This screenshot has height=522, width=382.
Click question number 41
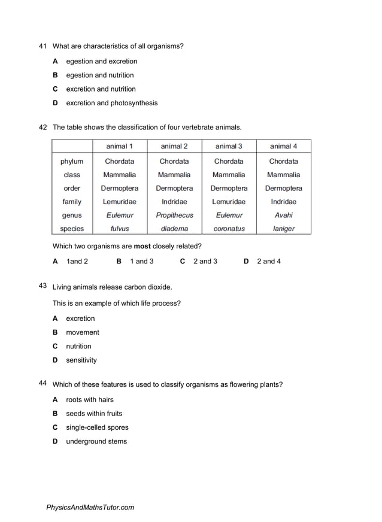tap(43, 46)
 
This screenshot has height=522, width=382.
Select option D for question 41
tap(55, 103)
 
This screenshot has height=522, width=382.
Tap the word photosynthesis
tap(134, 103)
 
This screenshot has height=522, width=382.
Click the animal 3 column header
tap(229, 146)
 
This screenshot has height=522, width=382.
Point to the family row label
tap(72, 202)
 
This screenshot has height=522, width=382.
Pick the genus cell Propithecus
tap(174, 216)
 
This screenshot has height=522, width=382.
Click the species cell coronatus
tap(229, 229)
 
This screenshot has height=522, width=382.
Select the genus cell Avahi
tap(283, 216)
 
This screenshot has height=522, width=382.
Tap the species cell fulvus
tap(120, 229)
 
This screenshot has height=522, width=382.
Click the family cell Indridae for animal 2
tap(174, 202)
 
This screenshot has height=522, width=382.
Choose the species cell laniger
tap(283, 229)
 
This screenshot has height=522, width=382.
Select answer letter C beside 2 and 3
tap(183, 262)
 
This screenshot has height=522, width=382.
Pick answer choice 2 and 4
tap(269, 262)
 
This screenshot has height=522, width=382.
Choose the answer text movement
tap(83, 332)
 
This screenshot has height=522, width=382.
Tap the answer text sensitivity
tap(81, 360)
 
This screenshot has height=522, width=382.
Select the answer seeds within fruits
tap(94, 414)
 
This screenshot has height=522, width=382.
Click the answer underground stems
tap(96, 442)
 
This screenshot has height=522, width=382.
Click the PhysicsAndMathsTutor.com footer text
tap(90, 508)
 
